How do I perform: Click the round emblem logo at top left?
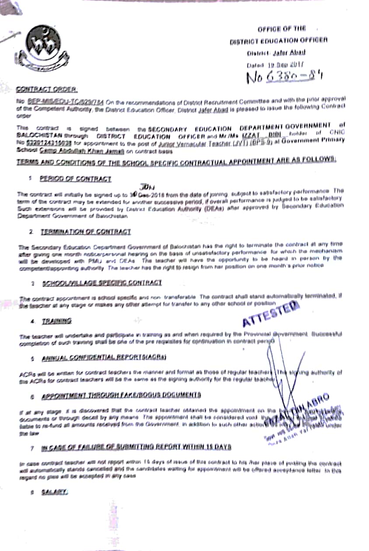(43, 47)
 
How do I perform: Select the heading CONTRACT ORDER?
(40, 89)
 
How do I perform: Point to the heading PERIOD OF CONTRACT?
(75, 179)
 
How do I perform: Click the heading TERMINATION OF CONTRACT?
(86, 232)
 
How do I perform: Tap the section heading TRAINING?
(57, 321)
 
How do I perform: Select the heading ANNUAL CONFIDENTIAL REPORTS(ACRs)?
(104, 358)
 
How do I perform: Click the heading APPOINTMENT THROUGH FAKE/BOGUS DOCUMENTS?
(121, 395)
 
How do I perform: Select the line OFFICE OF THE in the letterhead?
(282, 29)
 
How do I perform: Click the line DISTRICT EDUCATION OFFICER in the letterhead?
(278, 41)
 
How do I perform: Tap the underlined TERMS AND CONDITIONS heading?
(176, 161)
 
